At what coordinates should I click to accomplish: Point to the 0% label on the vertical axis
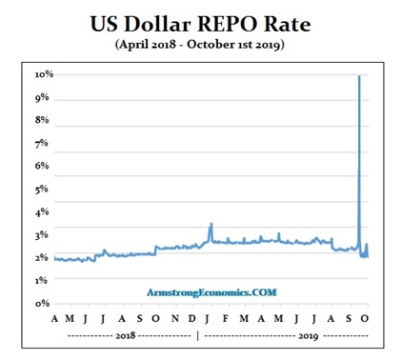(x=44, y=303)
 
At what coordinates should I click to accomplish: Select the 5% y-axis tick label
(x=44, y=190)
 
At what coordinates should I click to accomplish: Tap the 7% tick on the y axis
(x=44, y=144)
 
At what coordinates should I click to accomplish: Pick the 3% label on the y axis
(x=44, y=234)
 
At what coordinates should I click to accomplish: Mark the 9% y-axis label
(x=44, y=98)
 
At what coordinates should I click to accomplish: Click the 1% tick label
(x=44, y=279)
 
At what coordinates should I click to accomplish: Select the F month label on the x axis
(x=211, y=318)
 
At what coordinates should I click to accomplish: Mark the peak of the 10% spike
(x=358, y=77)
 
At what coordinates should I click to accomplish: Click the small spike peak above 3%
(x=211, y=225)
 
